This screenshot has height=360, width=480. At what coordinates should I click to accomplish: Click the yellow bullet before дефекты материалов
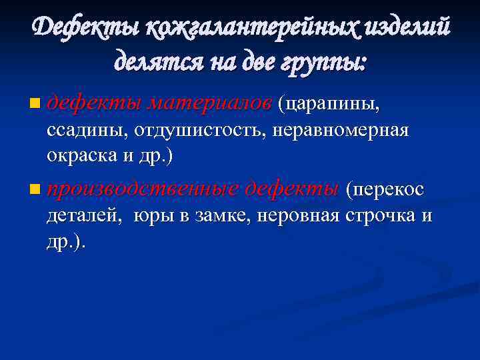tap(35, 103)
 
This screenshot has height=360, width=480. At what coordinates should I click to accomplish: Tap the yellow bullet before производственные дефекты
tap(35, 191)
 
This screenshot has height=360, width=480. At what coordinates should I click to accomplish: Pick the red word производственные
tap(143, 191)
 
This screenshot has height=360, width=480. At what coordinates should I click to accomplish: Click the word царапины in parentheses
tap(330, 103)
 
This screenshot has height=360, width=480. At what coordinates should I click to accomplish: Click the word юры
tap(151, 217)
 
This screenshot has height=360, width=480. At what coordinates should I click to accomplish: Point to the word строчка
tap(379, 217)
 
